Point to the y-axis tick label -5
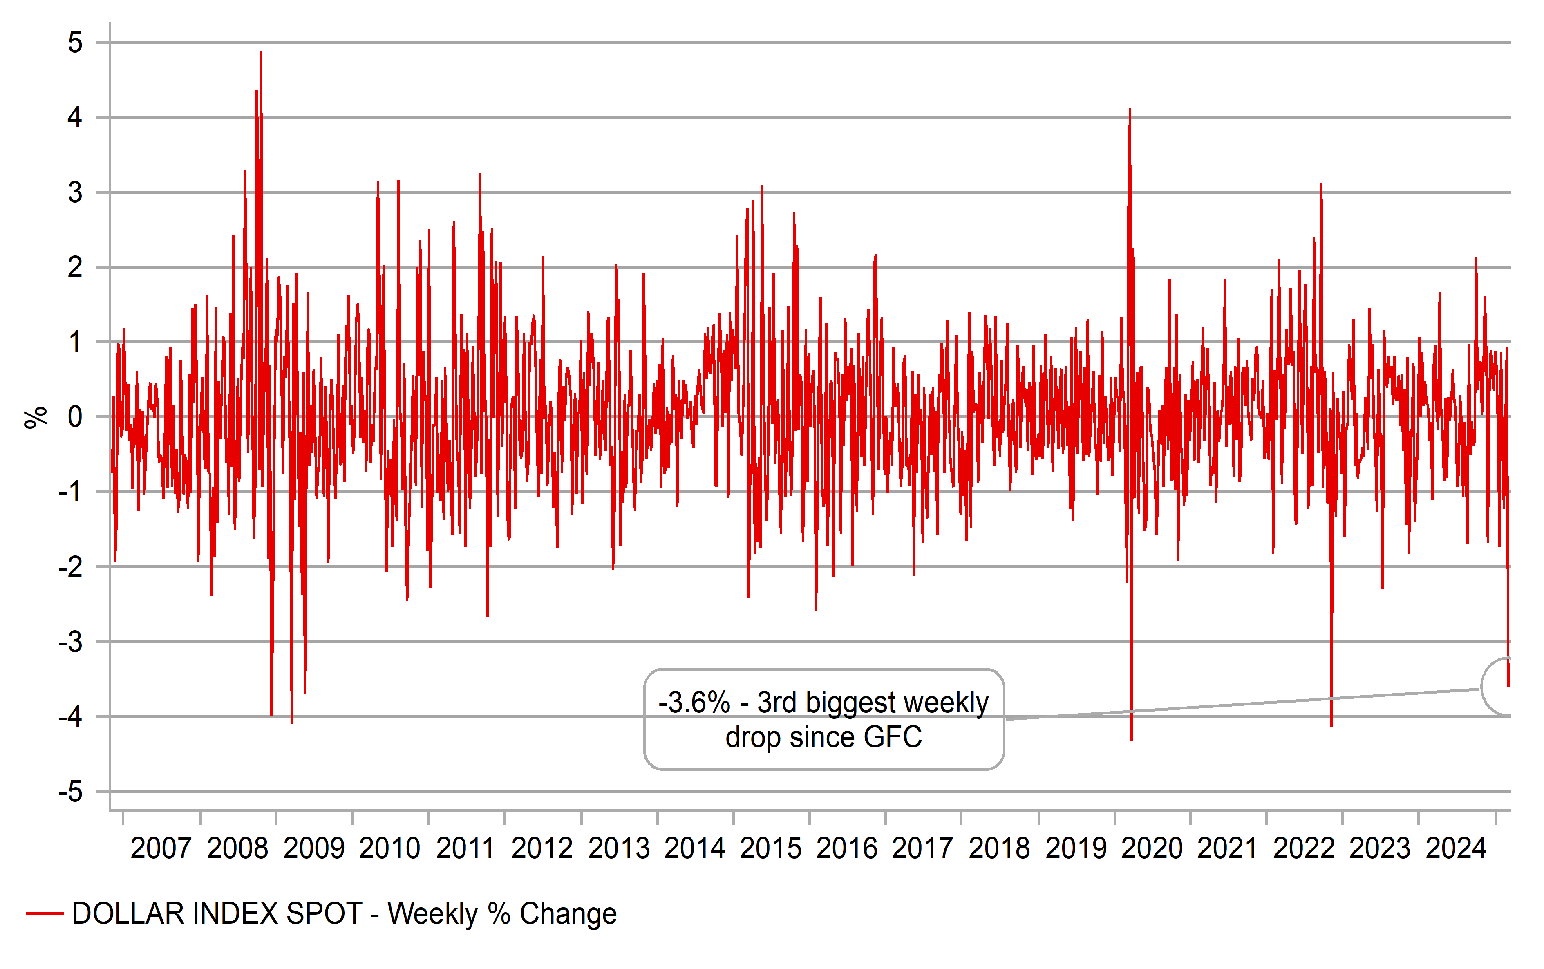coord(70,792)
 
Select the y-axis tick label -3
coord(70,642)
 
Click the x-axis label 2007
coord(161,848)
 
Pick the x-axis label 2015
coord(771,848)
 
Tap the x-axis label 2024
coord(1456,848)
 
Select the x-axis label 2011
coord(466,848)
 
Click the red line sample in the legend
coord(45,913)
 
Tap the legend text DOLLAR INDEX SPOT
coord(217,913)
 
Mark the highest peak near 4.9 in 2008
coord(261,53)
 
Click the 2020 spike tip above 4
coord(1130,110)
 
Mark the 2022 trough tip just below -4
coord(1331,725)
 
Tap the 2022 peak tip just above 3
coord(1321,185)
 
